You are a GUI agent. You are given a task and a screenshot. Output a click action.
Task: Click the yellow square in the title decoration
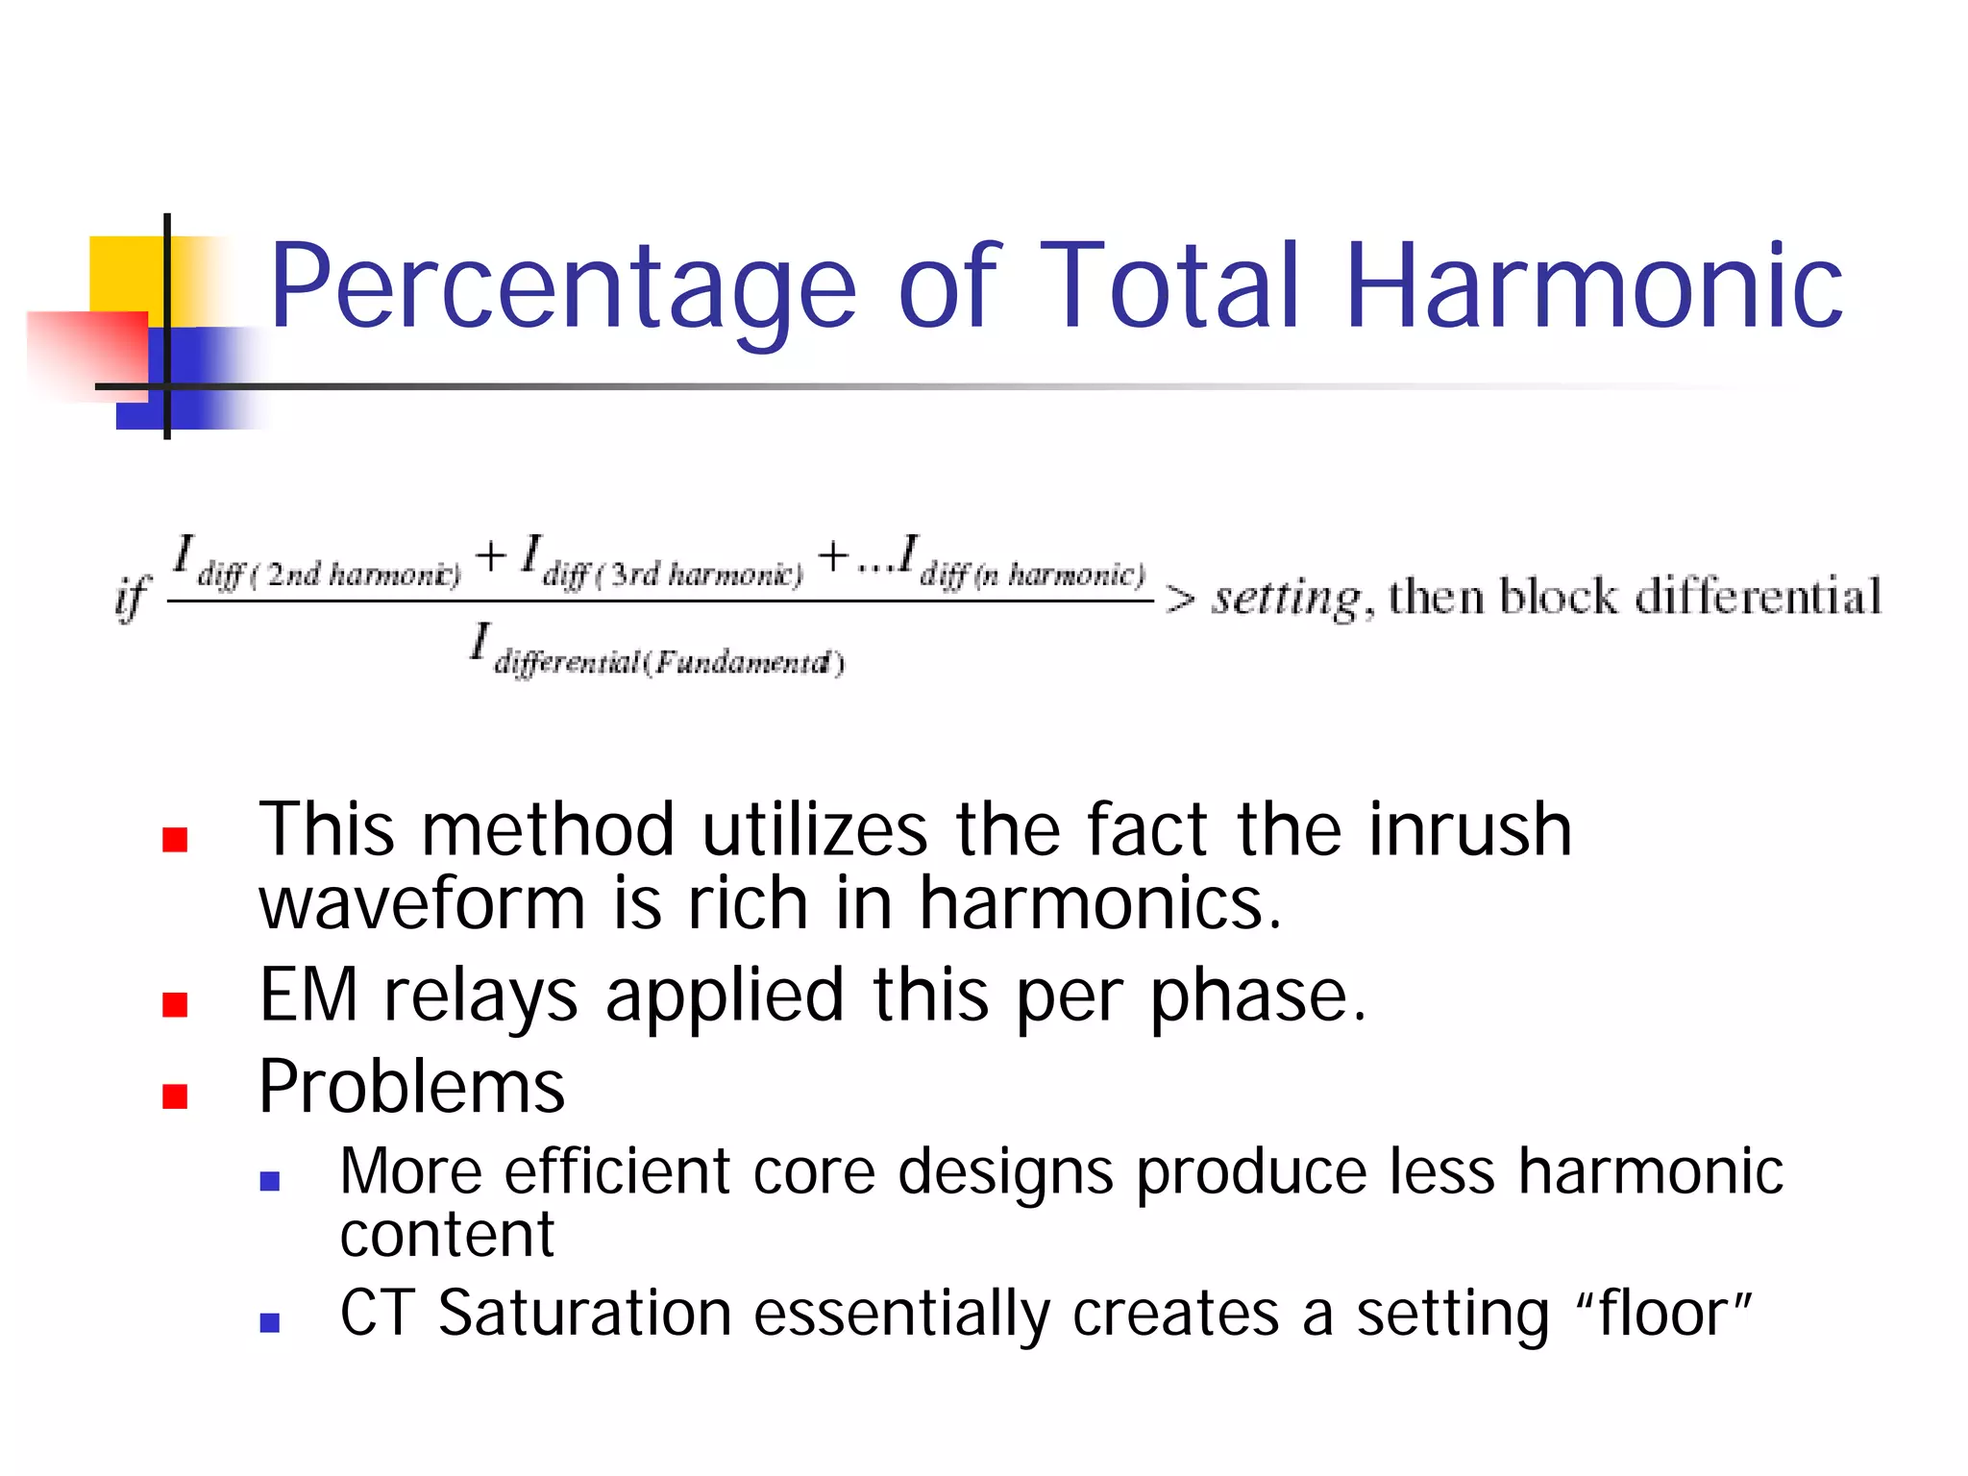pyautogui.click(x=125, y=274)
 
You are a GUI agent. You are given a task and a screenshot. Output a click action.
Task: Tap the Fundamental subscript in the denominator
pyautogui.click(x=669, y=663)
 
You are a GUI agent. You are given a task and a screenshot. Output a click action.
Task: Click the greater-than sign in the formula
pyautogui.click(x=1180, y=600)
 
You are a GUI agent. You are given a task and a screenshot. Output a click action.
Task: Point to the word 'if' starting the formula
pyautogui.click(x=132, y=598)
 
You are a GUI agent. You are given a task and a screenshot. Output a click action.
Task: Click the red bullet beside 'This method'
pyautogui.click(x=175, y=840)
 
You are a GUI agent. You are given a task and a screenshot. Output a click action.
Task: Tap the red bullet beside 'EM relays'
pyautogui.click(x=175, y=1004)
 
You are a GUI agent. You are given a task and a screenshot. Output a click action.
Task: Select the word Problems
pyautogui.click(x=412, y=1088)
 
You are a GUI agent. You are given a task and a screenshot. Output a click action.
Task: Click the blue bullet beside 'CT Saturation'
pyautogui.click(x=270, y=1322)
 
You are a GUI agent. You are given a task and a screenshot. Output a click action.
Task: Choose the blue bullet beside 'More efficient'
pyautogui.click(x=270, y=1181)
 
